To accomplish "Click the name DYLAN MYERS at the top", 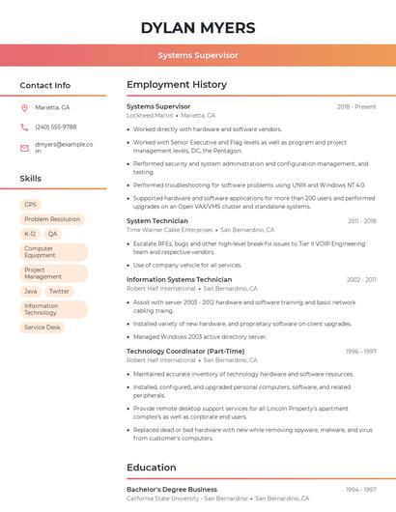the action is [x=198, y=27].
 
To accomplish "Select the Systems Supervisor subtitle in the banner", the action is [x=198, y=55].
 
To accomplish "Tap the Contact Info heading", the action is [x=45, y=85].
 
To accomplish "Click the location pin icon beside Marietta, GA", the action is [x=24, y=107].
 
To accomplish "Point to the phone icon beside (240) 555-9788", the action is [x=24, y=127].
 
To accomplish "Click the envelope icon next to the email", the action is [x=24, y=148].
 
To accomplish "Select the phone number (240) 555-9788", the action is [x=55, y=127].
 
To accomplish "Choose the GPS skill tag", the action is [x=30, y=205].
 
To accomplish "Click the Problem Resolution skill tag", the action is [x=52, y=219].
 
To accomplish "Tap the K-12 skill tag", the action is [x=30, y=234].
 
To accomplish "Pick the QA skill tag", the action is [x=52, y=234].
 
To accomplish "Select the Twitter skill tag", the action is [x=59, y=291].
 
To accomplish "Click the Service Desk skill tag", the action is [x=42, y=327].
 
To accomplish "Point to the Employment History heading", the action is [x=177, y=85].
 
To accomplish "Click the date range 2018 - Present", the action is [x=356, y=106].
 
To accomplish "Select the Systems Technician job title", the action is [x=157, y=221].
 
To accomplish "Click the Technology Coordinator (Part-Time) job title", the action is [x=185, y=351].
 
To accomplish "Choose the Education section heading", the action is [x=152, y=468].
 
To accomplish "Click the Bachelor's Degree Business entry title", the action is [x=172, y=490].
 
